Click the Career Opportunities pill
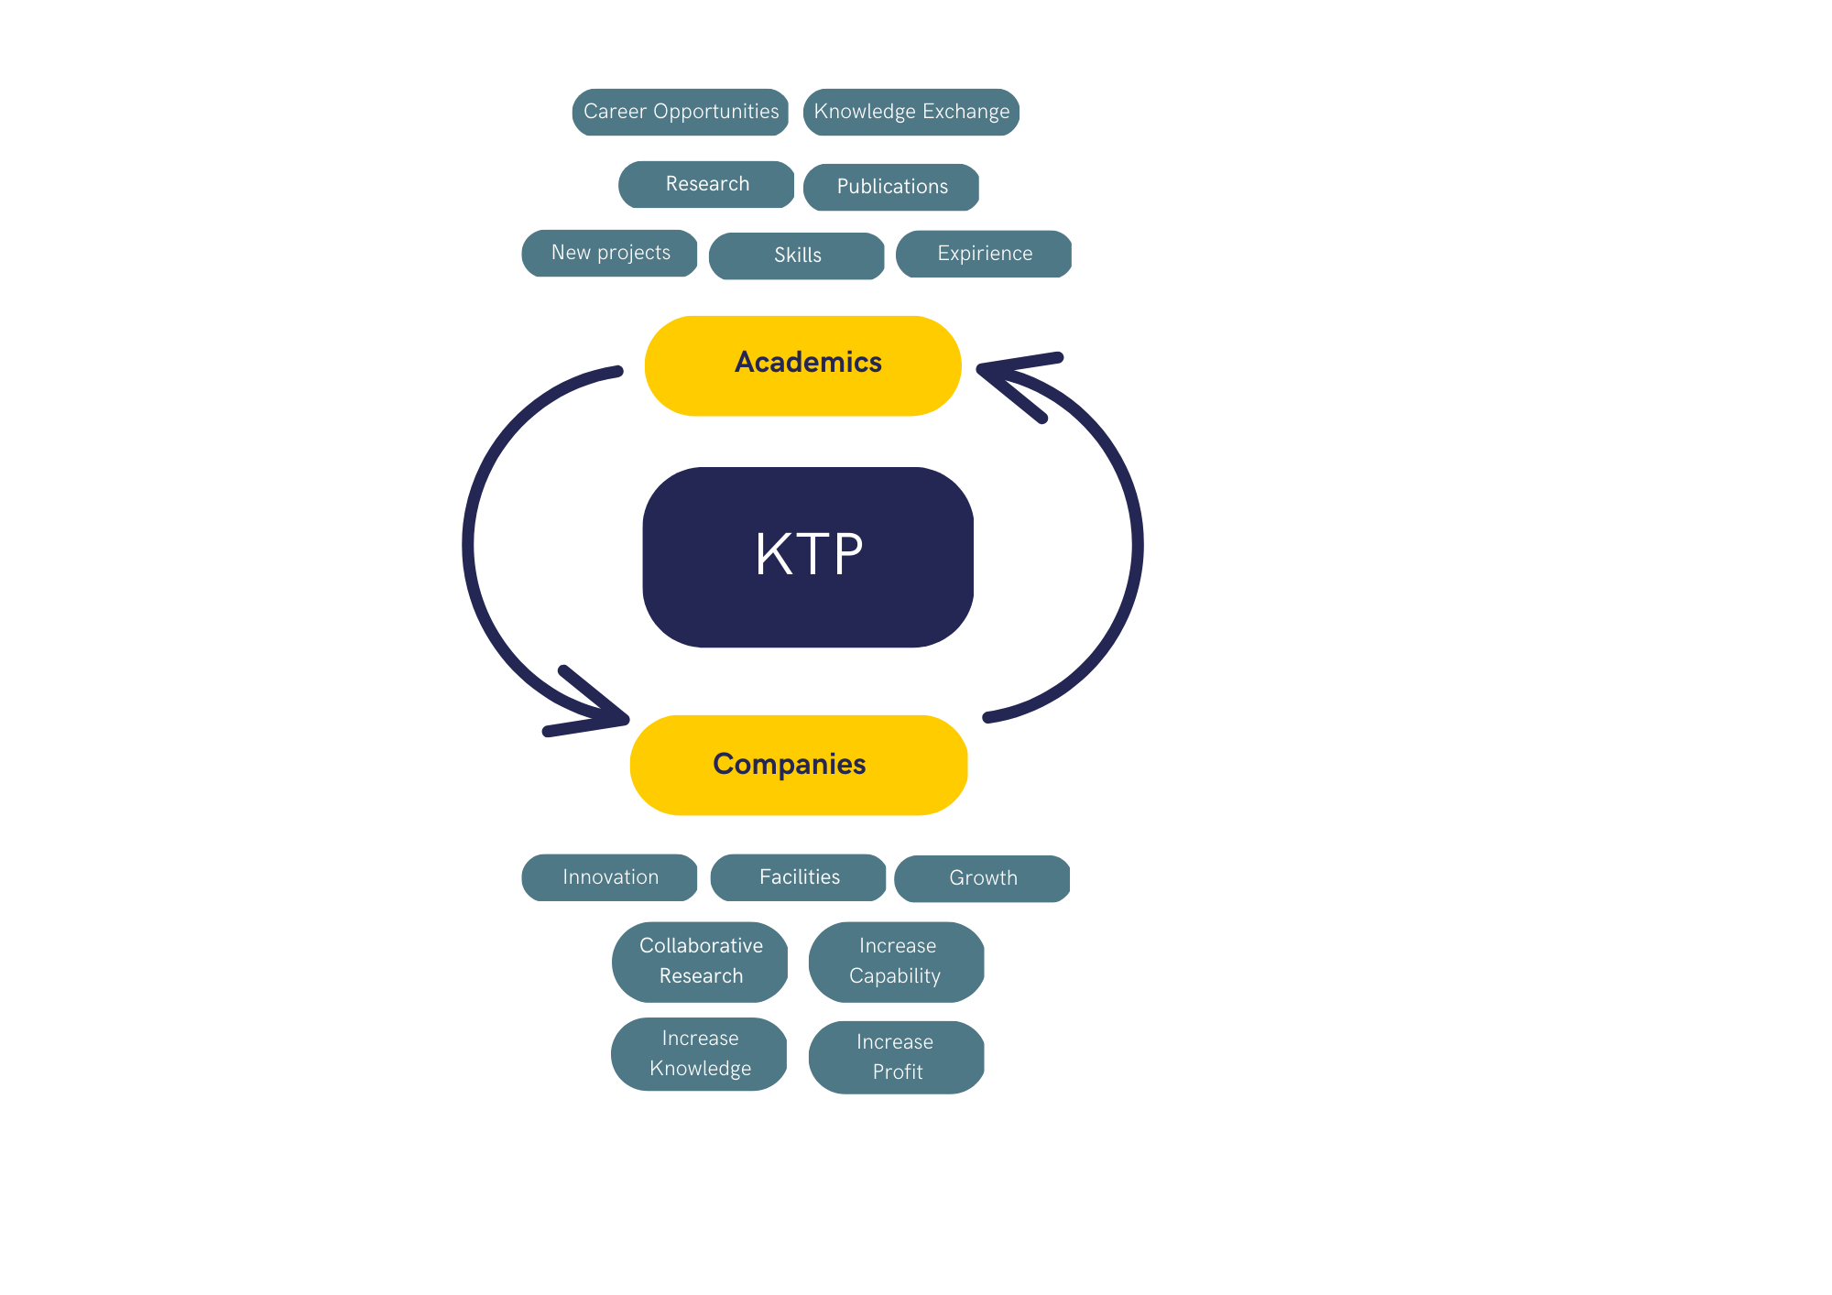pos(681,112)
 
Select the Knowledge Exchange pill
pos(911,112)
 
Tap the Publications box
pos(891,187)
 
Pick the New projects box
pos(609,253)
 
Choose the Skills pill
pos(797,256)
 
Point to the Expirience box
pos(984,254)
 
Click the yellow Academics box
pos(802,365)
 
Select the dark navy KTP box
pos(808,557)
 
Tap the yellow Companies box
pos(799,765)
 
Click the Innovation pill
pos(609,877)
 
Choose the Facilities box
pos(798,877)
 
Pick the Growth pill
pos(982,878)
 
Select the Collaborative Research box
pos(700,962)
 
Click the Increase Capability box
pos(897,962)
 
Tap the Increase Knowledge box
pos(699,1054)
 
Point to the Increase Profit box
pos(897,1057)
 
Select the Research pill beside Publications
pos(706,184)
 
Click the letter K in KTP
pos(773,553)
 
